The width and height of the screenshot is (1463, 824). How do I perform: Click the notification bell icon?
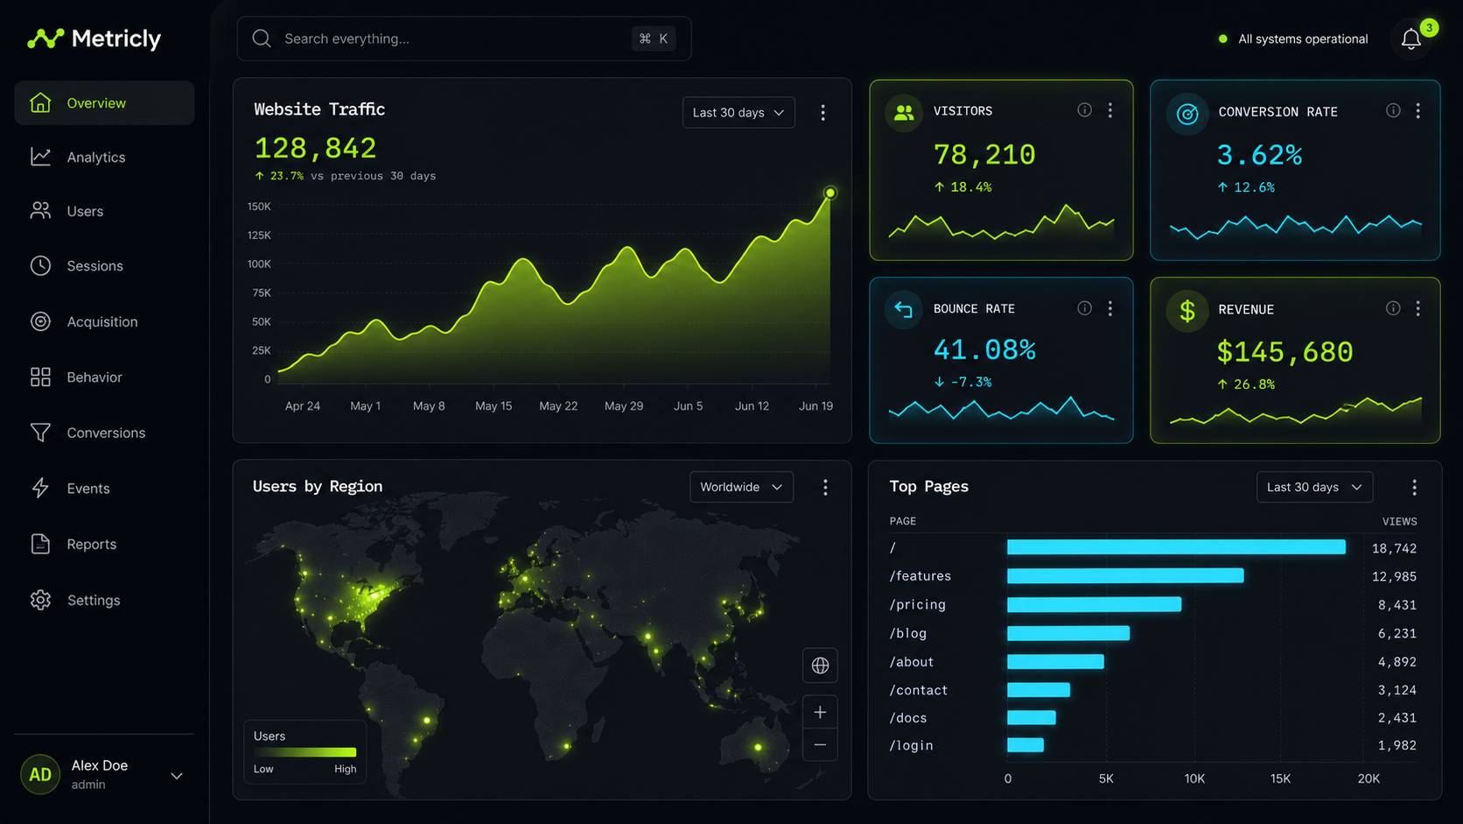click(x=1410, y=39)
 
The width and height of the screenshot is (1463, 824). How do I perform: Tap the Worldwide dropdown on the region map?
click(x=741, y=487)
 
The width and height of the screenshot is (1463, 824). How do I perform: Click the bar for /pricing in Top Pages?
click(x=1094, y=604)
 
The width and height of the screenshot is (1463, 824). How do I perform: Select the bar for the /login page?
click(x=1025, y=745)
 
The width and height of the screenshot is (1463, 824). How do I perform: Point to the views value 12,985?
click(x=1394, y=576)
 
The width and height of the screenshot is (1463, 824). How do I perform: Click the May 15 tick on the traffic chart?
click(x=493, y=405)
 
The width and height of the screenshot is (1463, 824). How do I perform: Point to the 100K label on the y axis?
click(x=259, y=264)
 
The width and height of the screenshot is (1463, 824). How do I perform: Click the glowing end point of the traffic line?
click(x=830, y=193)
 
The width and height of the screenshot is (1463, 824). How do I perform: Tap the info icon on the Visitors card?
click(x=1084, y=110)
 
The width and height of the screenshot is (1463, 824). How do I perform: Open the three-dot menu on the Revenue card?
click(x=1417, y=308)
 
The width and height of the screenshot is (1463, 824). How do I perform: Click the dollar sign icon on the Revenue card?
click(x=1187, y=310)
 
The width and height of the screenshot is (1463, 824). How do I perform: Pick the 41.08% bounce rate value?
click(x=984, y=349)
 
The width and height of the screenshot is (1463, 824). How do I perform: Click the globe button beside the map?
click(x=820, y=666)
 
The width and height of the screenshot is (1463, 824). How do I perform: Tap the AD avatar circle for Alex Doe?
click(x=40, y=774)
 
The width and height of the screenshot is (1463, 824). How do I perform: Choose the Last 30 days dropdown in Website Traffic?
click(x=738, y=112)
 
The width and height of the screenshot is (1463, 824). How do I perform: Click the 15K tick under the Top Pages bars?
click(x=1280, y=778)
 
